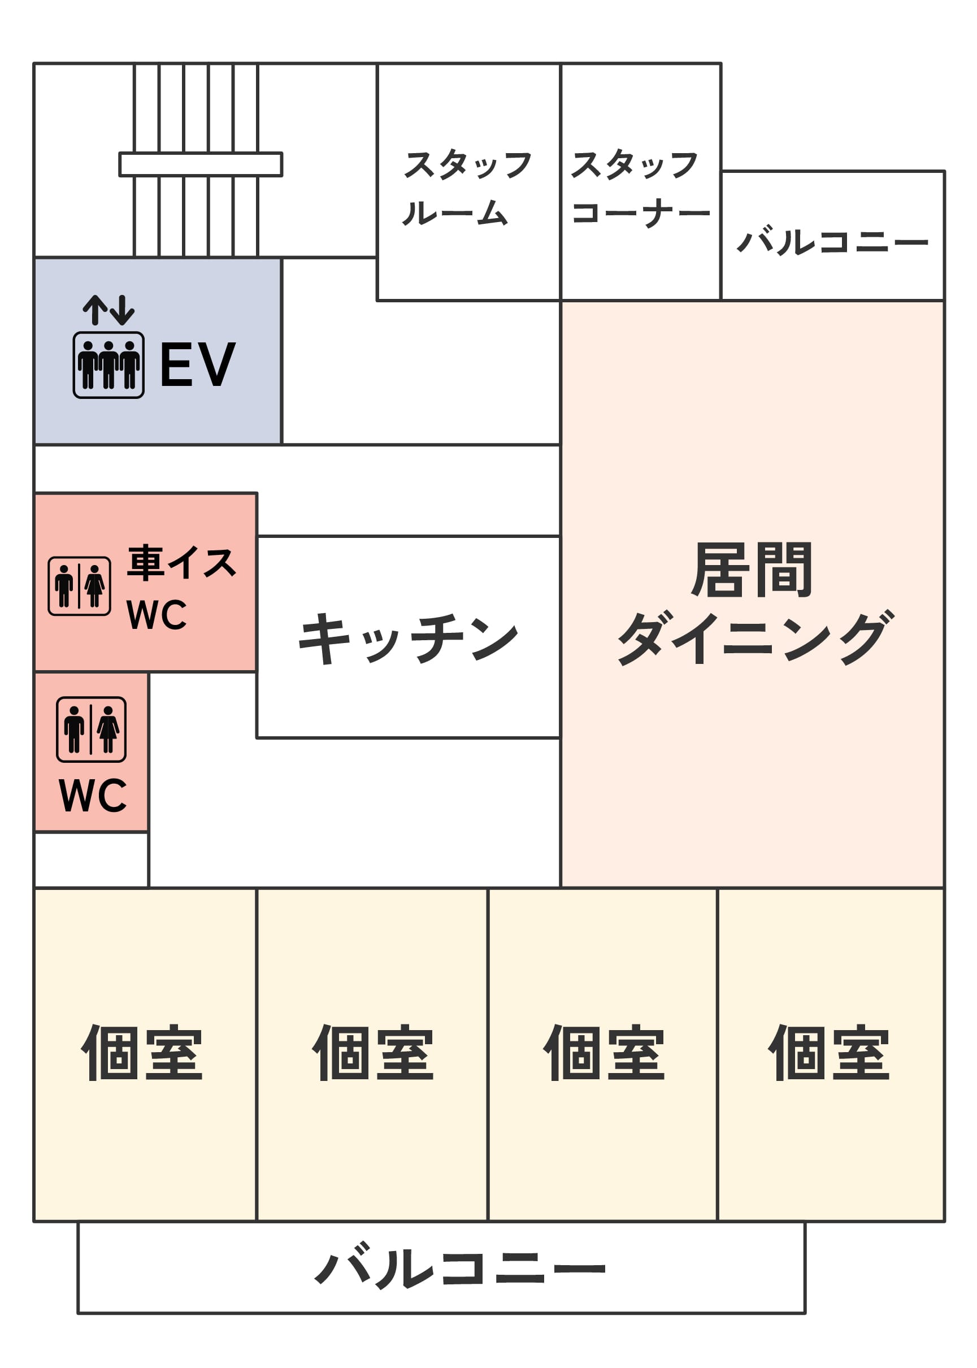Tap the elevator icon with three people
coord(108,364)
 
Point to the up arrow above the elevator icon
coord(95,310)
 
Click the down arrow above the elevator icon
coord(124,310)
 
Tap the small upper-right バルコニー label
coord(832,242)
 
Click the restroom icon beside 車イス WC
coord(80,586)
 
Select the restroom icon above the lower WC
coord(91,729)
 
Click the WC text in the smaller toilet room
coord(93,795)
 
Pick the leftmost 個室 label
coord(142,1053)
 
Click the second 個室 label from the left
coord(373,1053)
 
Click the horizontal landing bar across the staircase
coord(201,164)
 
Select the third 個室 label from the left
coord(604,1053)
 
